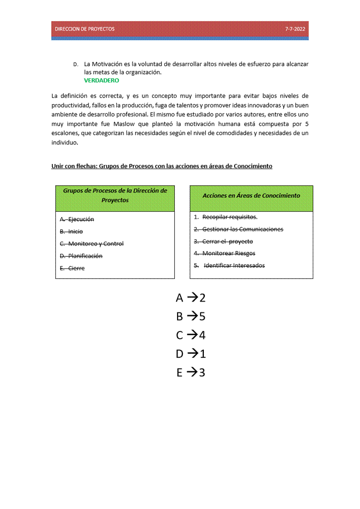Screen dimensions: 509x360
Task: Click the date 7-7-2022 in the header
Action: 295,29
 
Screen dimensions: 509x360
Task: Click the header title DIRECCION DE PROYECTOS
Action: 85,29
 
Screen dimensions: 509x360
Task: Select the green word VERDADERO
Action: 101,80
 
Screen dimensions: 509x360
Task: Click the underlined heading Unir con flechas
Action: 162,166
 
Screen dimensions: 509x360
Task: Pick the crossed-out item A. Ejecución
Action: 77,220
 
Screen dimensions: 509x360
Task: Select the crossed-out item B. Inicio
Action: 72,232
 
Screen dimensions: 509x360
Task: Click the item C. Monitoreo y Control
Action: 92,244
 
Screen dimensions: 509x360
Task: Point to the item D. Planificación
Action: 81,256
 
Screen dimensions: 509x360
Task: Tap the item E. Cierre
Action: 73,269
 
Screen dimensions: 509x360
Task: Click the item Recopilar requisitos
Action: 230,217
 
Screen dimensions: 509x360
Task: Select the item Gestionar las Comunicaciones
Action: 242,230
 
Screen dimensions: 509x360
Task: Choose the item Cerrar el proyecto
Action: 227,242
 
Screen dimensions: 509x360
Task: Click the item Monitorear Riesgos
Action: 228,254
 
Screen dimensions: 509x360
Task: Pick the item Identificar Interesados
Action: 234,266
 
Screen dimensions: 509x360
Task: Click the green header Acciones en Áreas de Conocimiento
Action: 251,196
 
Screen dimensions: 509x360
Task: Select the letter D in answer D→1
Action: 180,354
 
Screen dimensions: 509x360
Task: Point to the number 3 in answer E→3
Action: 202,373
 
